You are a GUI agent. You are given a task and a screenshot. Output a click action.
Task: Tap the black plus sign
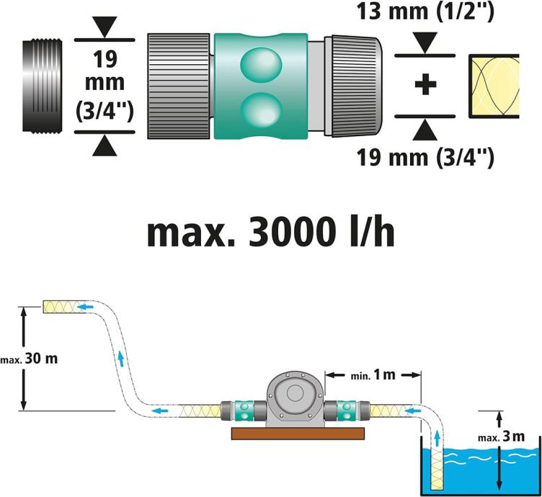426,84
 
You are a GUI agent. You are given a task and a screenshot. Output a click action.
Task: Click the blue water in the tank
490,468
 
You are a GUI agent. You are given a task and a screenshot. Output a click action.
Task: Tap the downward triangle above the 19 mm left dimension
105,30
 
